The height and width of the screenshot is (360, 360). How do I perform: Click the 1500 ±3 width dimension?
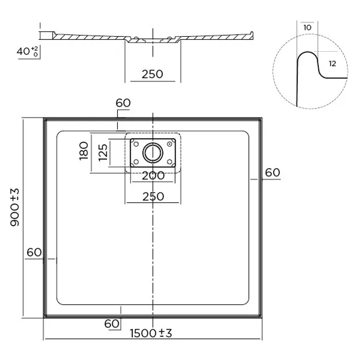tap(151, 333)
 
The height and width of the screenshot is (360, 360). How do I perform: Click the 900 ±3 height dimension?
tap(15, 207)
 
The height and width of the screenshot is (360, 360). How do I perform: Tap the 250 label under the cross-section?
tap(152, 74)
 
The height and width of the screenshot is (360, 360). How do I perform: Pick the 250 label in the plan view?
tap(153, 197)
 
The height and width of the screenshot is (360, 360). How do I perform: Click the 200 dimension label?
tap(153, 176)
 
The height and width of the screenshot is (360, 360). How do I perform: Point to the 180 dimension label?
tap(84, 151)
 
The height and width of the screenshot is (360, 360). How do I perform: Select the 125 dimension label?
tap(103, 152)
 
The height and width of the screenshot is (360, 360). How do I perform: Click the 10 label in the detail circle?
tap(307, 27)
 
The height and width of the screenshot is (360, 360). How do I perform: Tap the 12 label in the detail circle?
tap(332, 64)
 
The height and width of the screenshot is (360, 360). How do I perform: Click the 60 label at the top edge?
tap(123, 103)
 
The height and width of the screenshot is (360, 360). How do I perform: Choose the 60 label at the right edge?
tap(272, 173)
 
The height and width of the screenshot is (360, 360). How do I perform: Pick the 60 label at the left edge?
tap(34, 252)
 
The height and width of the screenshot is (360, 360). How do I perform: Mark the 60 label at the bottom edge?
tap(112, 323)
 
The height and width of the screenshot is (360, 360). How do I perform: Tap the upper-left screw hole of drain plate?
tap(135, 144)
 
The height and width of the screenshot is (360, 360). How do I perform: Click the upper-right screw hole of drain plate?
tap(170, 144)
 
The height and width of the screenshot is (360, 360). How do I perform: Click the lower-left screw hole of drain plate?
tap(135, 162)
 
